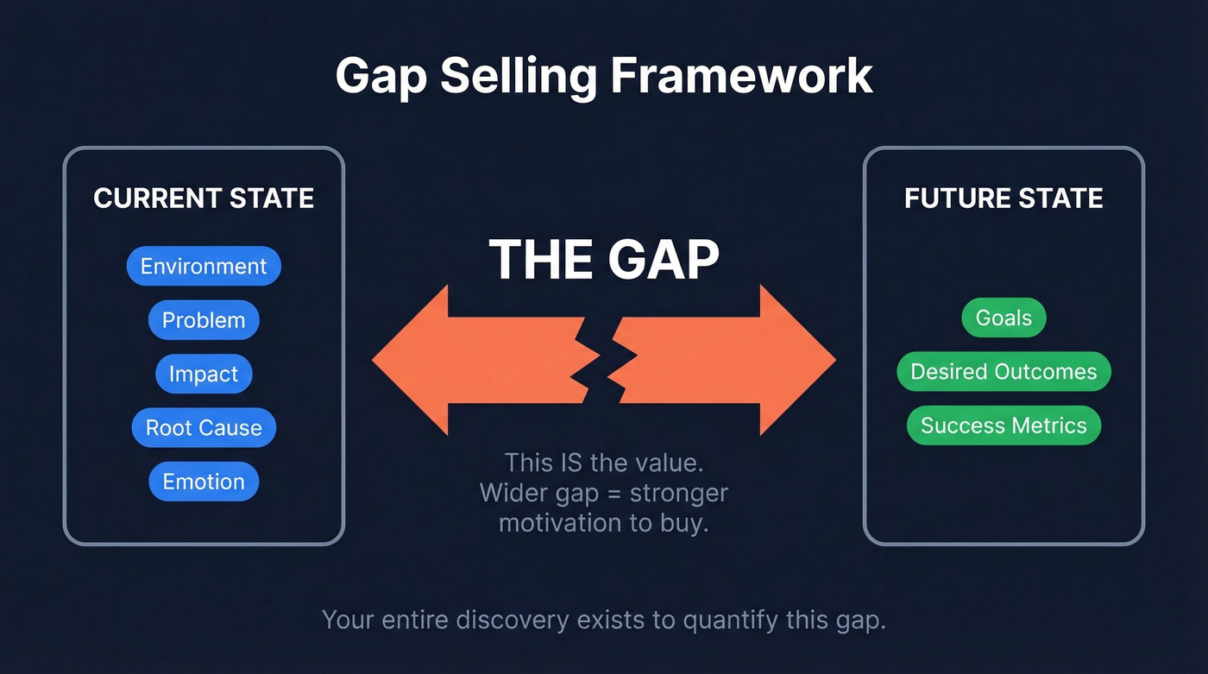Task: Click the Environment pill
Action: pyautogui.click(x=204, y=266)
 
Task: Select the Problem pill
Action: pyautogui.click(x=204, y=320)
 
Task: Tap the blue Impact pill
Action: pyautogui.click(x=204, y=374)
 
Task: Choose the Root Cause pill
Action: pyautogui.click(x=204, y=427)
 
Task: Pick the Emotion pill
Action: pyautogui.click(x=204, y=482)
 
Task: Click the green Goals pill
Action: pyautogui.click(x=1004, y=318)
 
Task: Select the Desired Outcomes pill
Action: pyautogui.click(x=1004, y=372)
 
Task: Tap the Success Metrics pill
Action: pyautogui.click(x=1004, y=425)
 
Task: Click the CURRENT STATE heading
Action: pyautogui.click(x=204, y=198)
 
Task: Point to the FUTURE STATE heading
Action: pyautogui.click(x=1004, y=198)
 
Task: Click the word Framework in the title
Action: pyautogui.click(x=741, y=76)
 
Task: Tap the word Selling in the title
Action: pyautogui.click(x=519, y=76)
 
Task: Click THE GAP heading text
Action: pyautogui.click(x=604, y=258)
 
